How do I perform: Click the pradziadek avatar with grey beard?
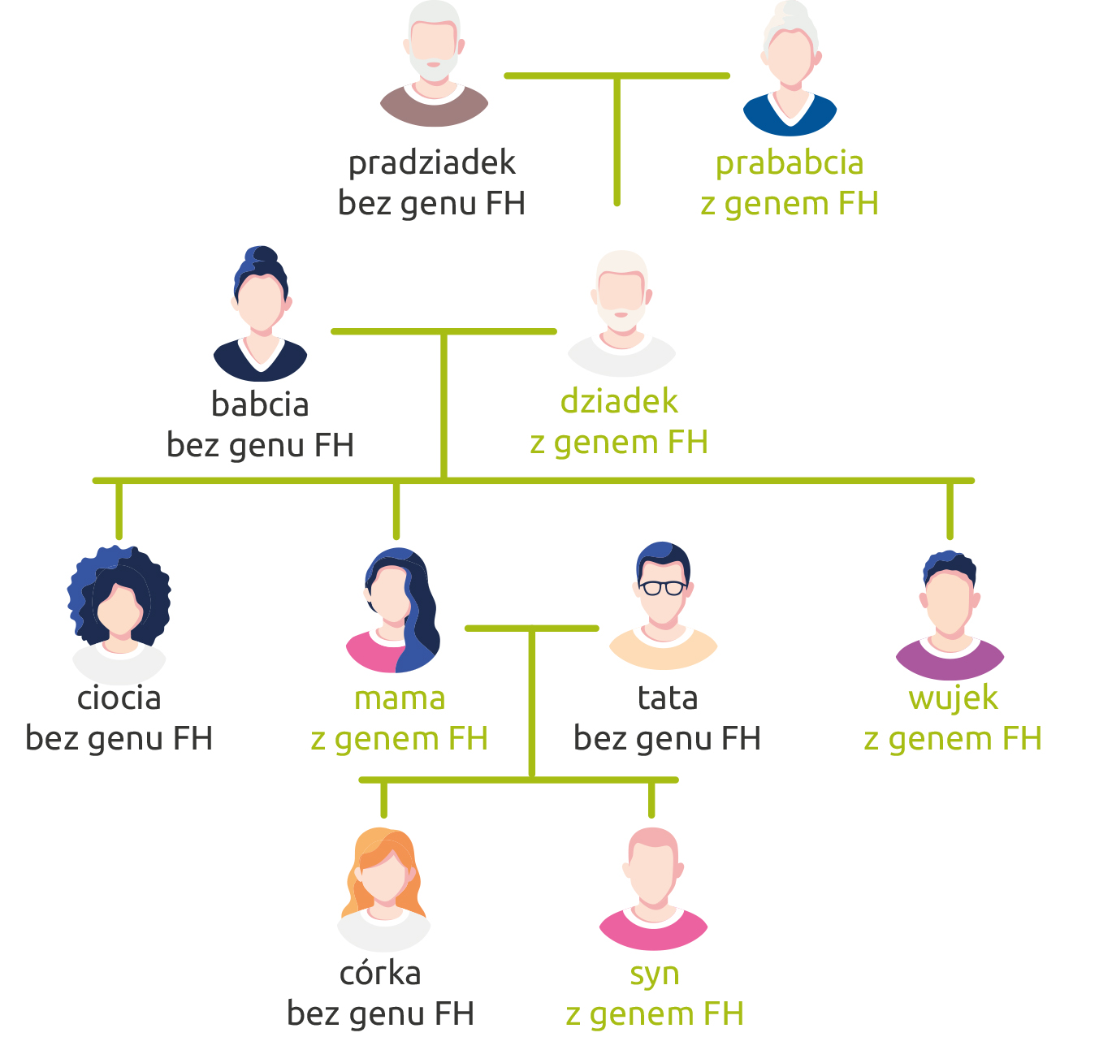pos(434,65)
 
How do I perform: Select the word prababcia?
pos(789,163)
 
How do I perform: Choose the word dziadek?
pos(619,401)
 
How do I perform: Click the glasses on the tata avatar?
pos(663,586)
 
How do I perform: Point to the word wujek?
pos(953,698)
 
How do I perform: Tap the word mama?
pos(400,698)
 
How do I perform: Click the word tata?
pos(668,698)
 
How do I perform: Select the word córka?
pos(380,973)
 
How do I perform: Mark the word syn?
pos(655,974)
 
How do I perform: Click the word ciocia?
pos(119,698)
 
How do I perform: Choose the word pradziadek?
pos(432,163)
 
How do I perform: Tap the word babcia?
pos(260,404)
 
